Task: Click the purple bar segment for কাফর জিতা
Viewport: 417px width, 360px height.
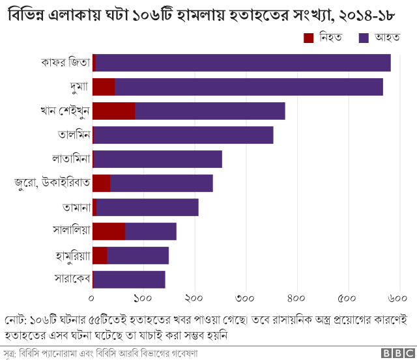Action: point(243,62)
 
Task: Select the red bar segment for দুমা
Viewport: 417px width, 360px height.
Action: point(104,87)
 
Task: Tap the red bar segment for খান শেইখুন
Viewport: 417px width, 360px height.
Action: point(114,111)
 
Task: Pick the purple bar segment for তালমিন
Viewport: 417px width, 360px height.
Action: point(183,135)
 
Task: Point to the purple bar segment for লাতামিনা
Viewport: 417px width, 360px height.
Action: point(158,159)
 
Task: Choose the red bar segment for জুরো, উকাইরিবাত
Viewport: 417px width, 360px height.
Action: point(102,183)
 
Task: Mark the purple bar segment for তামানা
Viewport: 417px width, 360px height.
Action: point(147,207)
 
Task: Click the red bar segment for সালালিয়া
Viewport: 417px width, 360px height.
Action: point(109,231)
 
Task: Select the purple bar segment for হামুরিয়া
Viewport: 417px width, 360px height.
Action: point(137,255)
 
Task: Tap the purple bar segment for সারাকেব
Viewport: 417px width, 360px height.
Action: point(129,279)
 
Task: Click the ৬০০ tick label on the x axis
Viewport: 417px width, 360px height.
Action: point(398,298)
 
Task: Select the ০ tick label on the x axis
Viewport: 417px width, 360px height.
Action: point(93,298)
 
